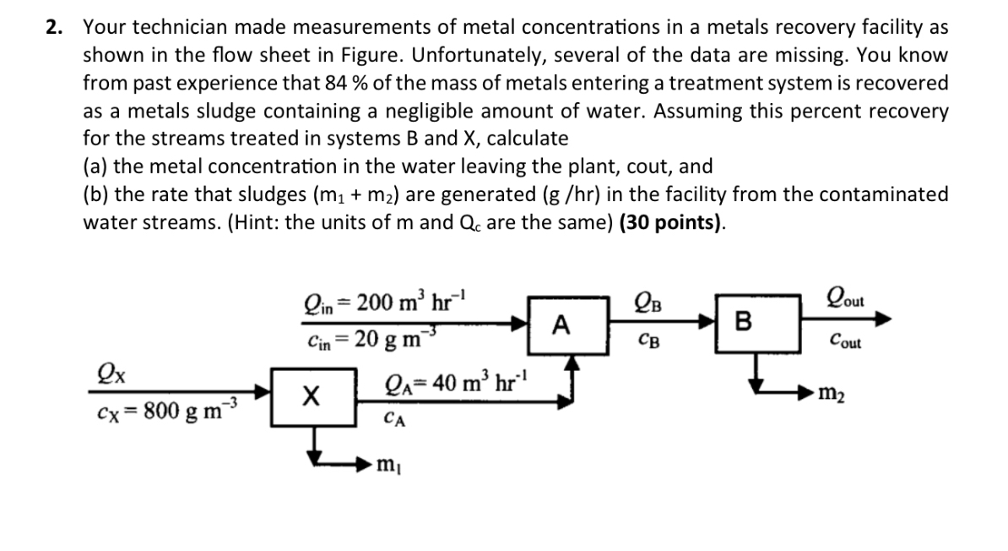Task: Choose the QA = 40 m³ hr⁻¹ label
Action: coord(457,381)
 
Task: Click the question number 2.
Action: coord(55,27)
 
